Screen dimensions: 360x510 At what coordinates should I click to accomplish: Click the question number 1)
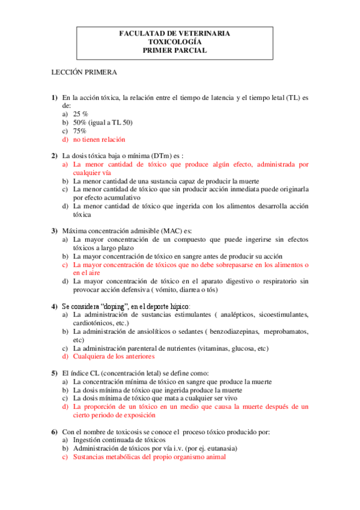[x=54, y=97]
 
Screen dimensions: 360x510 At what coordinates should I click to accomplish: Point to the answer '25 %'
[x=81, y=113]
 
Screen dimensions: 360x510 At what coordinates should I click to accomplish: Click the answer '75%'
[x=80, y=131]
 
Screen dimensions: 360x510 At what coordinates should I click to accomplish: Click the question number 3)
[x=54, y=230]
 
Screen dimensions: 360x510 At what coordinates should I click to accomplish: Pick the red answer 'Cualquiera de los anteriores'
[x=114, y=357]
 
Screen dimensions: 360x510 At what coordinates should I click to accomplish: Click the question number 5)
[x=54, y=373]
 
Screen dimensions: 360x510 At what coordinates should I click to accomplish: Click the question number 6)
[x=54, y=432]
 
